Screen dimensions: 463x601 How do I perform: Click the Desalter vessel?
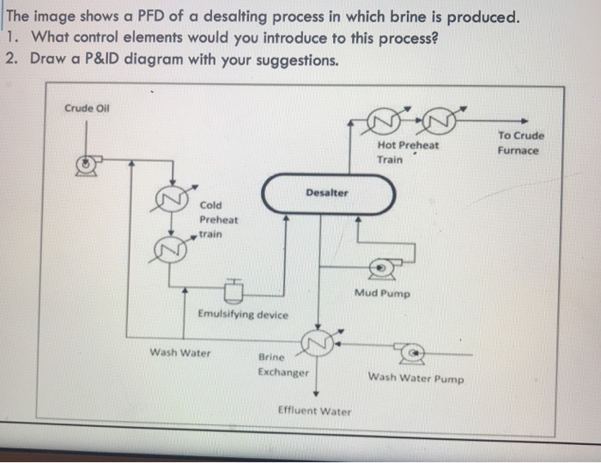[x=328, y=193]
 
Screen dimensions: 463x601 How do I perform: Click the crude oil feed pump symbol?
[x=86, y=162]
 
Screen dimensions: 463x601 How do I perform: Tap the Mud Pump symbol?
[x=380, y=269]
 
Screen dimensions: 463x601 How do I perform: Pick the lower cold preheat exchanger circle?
[x=167, y=249]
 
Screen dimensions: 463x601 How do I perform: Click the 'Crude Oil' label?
[x=86, y=108]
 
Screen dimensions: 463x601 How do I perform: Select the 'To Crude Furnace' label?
[x=519, y=143]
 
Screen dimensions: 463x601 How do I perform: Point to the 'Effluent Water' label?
[x=314, y=411]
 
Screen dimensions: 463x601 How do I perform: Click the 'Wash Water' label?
[x=180, y=352]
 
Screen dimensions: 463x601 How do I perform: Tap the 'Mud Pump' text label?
[x=382, y=294]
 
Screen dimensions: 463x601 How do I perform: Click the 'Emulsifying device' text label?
[x=243, y=314]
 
